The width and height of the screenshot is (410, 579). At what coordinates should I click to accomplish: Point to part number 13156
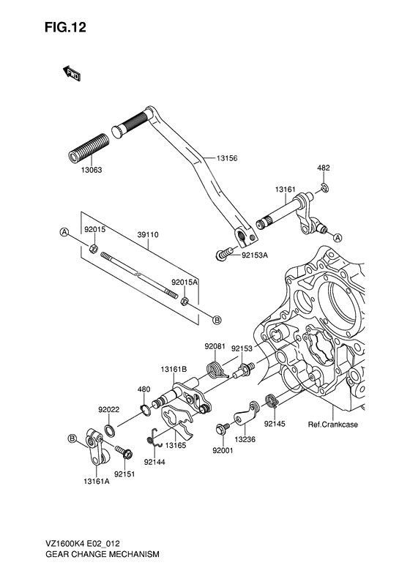tap(227, 158)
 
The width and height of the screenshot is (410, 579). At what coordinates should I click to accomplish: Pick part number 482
tap(323, 168)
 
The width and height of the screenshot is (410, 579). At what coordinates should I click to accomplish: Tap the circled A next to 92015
tap(64, 232)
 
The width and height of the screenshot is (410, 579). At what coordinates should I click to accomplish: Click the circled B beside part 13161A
tap(72, 438)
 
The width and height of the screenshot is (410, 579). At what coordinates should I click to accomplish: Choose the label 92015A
tap(184, 281)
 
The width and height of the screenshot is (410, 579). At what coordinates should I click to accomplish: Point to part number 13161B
tap(174, 370)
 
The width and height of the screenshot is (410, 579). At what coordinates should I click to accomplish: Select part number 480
tap(144, 389)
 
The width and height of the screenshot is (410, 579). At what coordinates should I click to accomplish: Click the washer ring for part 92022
tap(109, 430)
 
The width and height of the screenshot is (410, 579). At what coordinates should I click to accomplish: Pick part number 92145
tap(275, 424)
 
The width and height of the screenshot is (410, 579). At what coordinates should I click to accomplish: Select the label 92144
tap(154, 462)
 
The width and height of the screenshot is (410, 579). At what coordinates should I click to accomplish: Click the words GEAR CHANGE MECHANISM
tap(102, 556)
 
